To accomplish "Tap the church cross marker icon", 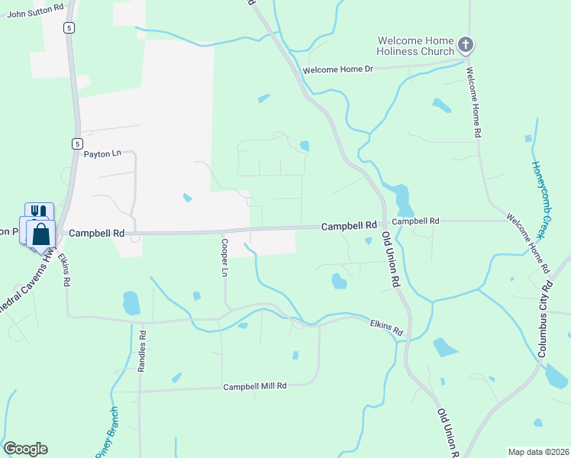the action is pyautogui.click(x=466, y=44).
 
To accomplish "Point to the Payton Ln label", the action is pyautogui.click(x=102, y=153).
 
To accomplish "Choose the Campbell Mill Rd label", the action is pyautogui.click(x=254, y=387).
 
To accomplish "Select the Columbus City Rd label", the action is pyautogui.click(x=545, y=320).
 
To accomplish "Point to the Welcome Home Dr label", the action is pyautogui.click(x=337, y=70).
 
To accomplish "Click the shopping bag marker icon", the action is pyautogui.click(x=42, y=234).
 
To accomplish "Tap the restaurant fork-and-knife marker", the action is pyautogui.click(x=39, y=212).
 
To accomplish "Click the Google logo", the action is pyautogui.click(x=25, y=449).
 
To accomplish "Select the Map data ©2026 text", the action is pyautogui.click(x=537, y=452).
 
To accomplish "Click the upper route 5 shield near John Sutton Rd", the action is pyautogui.click(x=69, y=28).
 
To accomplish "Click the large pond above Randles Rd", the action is pyautogui.click(x=131, y=303).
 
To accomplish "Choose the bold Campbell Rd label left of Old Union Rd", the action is pyautogui.click(x=349, y=226).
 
